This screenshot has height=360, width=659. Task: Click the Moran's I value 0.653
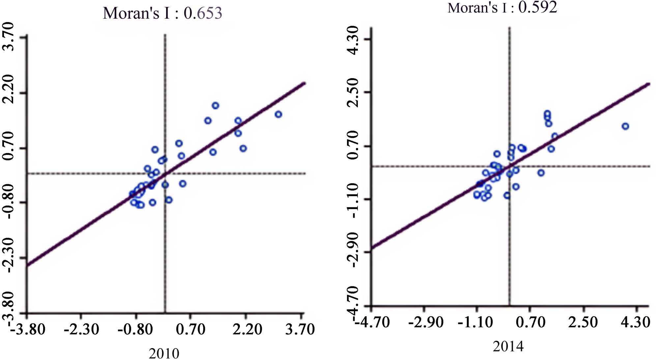(x=203, y=14)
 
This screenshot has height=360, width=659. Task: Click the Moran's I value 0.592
(x=538, y=7)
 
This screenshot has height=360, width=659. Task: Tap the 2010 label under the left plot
(x=164, y=353)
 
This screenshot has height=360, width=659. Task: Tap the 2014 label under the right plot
(x=508, y=346)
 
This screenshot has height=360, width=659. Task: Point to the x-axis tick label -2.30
(x=81, y=329)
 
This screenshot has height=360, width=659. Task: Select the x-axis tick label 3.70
(x=300, y=329)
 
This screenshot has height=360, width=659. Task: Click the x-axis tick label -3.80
(x=28, y=329)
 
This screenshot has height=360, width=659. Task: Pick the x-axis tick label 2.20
(x=247, y=329)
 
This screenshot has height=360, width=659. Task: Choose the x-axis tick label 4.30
(x=636, y=322)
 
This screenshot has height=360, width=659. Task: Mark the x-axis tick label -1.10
(x=475, y=322)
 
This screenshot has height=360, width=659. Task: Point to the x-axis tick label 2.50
(x=583, y=322)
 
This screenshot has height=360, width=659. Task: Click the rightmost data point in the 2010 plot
(x=278, y=114)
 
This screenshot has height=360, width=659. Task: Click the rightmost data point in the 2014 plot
(x=625, y=126)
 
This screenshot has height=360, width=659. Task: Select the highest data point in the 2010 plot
(x=215, y=105)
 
